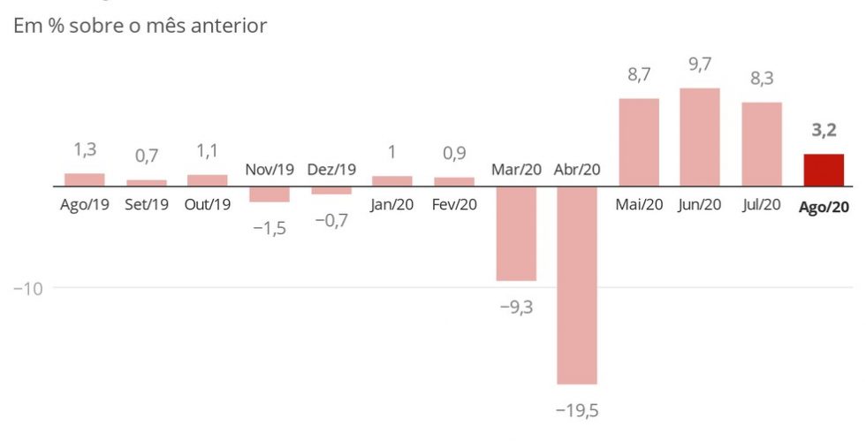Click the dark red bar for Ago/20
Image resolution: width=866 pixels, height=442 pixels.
[823, 170]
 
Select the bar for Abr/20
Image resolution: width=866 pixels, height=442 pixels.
[577, 285]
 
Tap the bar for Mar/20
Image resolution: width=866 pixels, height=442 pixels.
[516, 233]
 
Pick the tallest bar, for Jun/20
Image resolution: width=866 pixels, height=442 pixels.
[700, 137]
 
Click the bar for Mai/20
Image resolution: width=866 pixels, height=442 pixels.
[639, 142]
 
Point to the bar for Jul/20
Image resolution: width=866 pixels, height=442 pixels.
[762, 144]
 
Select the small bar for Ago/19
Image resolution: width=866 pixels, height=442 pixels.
[85, 179]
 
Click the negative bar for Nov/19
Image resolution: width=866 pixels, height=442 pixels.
[269, 194]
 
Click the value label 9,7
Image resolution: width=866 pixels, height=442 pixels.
[700, 65]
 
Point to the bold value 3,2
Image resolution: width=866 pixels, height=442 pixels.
[824, 132]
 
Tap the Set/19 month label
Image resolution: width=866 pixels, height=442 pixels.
[147, 204]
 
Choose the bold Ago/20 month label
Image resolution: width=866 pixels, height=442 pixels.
[824, 207]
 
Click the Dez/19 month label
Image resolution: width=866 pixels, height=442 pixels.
[331, 169]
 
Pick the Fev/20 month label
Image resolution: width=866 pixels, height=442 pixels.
[454, 204]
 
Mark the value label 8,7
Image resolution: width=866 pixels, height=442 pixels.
[639, 76]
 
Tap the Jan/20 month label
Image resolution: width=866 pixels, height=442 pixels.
[392, 204]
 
